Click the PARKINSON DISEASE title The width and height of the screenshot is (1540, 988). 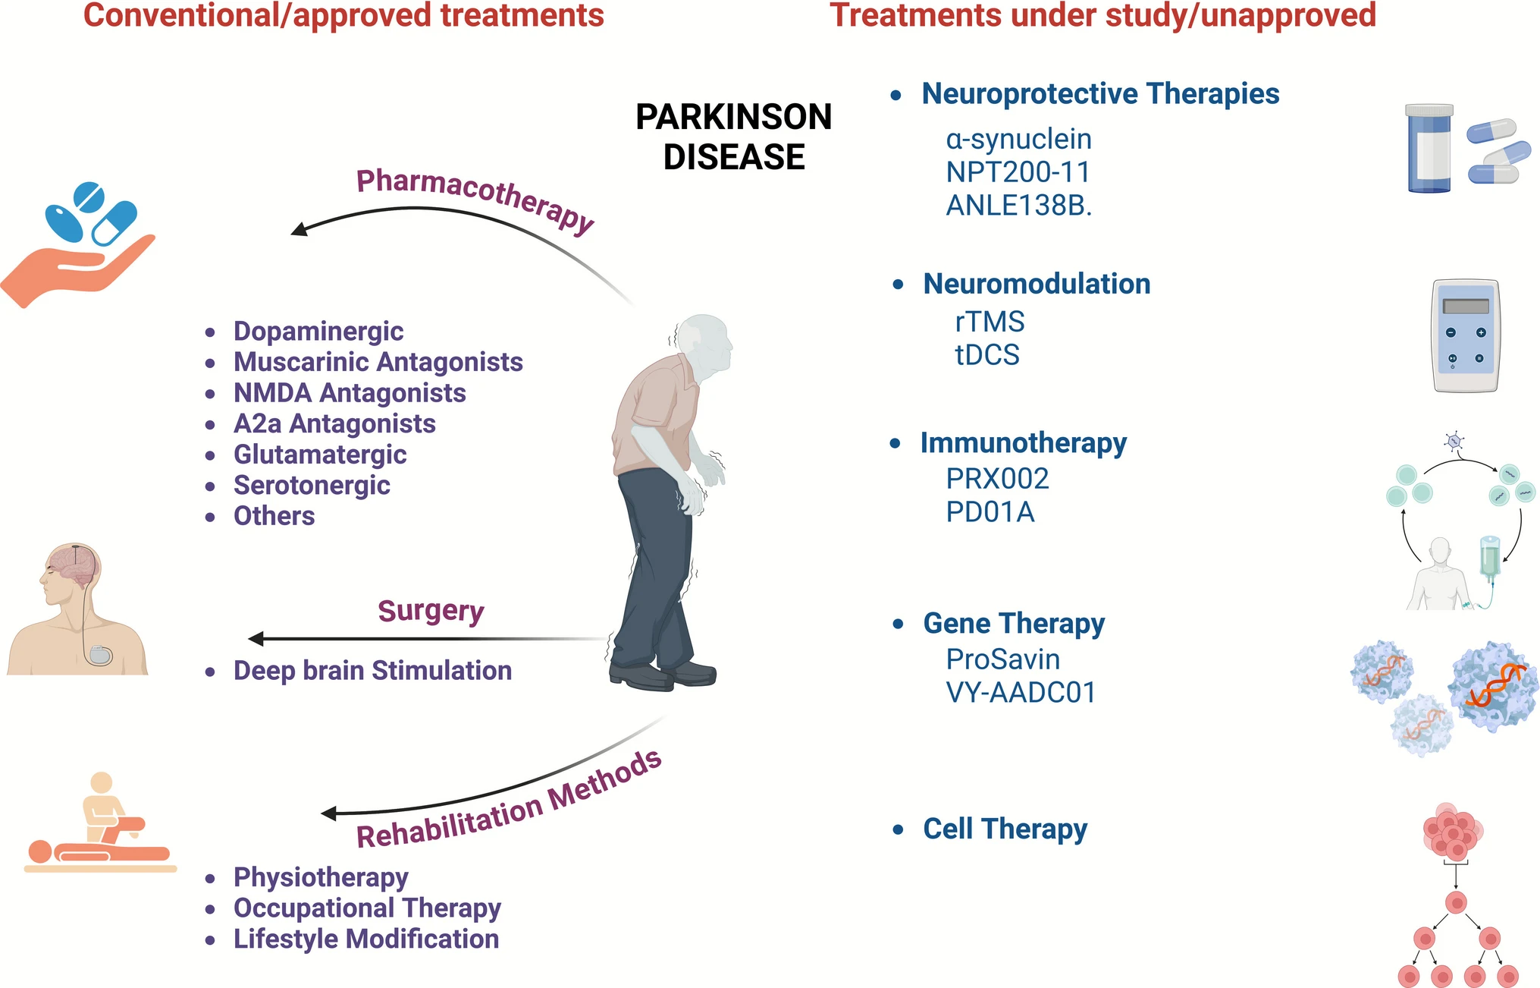(733, 137)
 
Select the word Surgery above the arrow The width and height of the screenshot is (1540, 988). (431, 611)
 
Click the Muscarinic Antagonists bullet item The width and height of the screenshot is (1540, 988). (378, 362)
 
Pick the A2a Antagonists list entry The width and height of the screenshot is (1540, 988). (334, 423)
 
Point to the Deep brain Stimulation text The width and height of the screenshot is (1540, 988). (372, 671)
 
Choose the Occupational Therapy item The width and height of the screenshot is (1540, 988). (367, 908)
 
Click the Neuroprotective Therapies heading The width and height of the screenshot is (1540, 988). (1100, 94)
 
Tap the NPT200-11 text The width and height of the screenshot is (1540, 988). (1018, 172)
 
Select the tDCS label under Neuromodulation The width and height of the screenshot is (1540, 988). (986, 355)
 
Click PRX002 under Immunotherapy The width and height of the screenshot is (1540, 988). (997, 479)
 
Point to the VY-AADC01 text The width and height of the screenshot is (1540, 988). (1021, 693)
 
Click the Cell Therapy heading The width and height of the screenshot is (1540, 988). (1005, 829)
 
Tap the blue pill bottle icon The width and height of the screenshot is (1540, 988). (1429, 149)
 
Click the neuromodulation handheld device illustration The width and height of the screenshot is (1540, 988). (1466, 335)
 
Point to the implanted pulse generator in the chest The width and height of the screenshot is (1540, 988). (100, 655)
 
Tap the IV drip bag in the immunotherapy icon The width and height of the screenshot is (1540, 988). (1490, 558)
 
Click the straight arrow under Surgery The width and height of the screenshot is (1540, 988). (425, 639)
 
